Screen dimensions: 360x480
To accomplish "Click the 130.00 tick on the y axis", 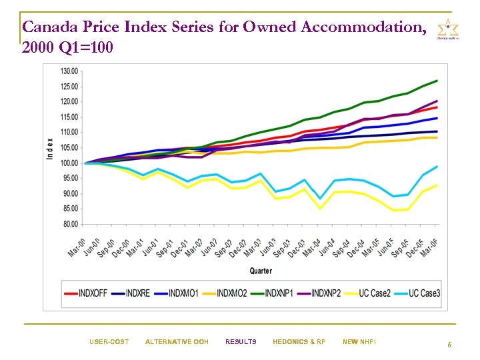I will pos(69,71).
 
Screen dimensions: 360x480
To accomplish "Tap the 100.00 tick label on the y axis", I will pos(69,163).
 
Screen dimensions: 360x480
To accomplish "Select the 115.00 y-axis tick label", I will pos(69,117).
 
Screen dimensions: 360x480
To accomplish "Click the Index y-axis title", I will pos(49,148).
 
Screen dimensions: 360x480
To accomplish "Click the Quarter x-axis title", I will pos(261,271).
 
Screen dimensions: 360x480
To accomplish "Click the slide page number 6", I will pos(449,345).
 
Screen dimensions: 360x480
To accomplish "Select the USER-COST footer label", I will pos(109,342).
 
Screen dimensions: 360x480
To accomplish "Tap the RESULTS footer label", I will pos(241,342).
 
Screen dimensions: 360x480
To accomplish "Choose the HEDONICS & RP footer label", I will pos(299,342).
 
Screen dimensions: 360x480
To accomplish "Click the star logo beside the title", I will pos(447,29).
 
